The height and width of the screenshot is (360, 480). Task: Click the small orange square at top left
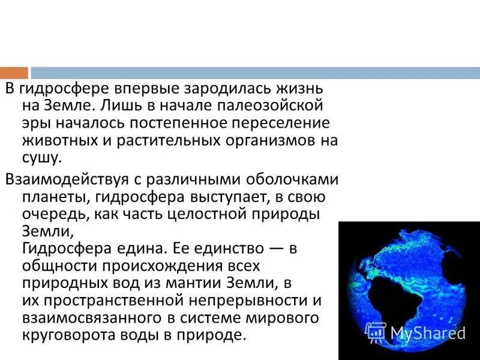14,73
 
